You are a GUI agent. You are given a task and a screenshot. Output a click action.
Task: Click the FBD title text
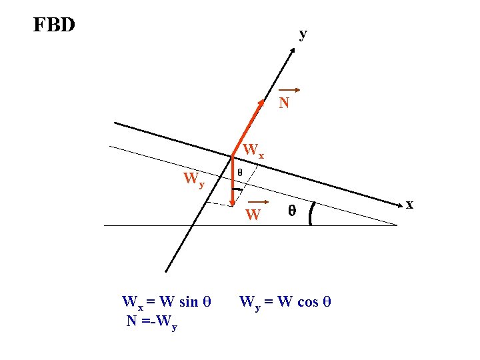(x=54, y=25)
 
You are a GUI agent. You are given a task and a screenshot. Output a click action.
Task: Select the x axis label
(x=410, y=204)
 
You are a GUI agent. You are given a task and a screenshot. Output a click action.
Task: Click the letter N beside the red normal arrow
(x=284, y=103)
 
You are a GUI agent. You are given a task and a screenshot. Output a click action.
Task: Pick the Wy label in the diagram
(x=194, y=179)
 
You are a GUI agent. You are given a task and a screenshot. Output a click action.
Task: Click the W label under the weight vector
(x=253, y=215)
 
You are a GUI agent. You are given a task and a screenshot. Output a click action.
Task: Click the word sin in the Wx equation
(x=189, y=302)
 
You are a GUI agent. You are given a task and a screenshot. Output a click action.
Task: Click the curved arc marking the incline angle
(x=312, y=213)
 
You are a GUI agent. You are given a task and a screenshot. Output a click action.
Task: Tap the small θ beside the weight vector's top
(x=240, y=173)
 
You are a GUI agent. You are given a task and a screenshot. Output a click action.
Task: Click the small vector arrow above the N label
(x=290, y=90)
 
